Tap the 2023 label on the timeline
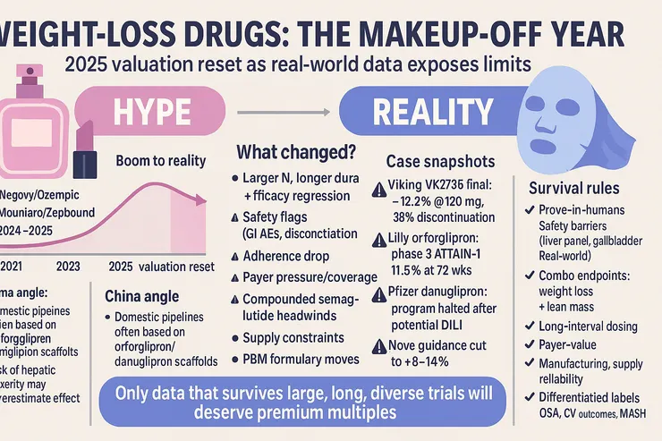pyautogui.click(x=68, y=266)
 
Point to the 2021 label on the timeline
pyautogui.click(x=13, y=266)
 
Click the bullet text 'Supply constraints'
pyautogui.click(x=293, y=338)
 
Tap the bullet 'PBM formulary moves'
pyautogui.click(x=301, y=360)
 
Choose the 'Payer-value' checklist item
pyautogui.click(x=571, y=343)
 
